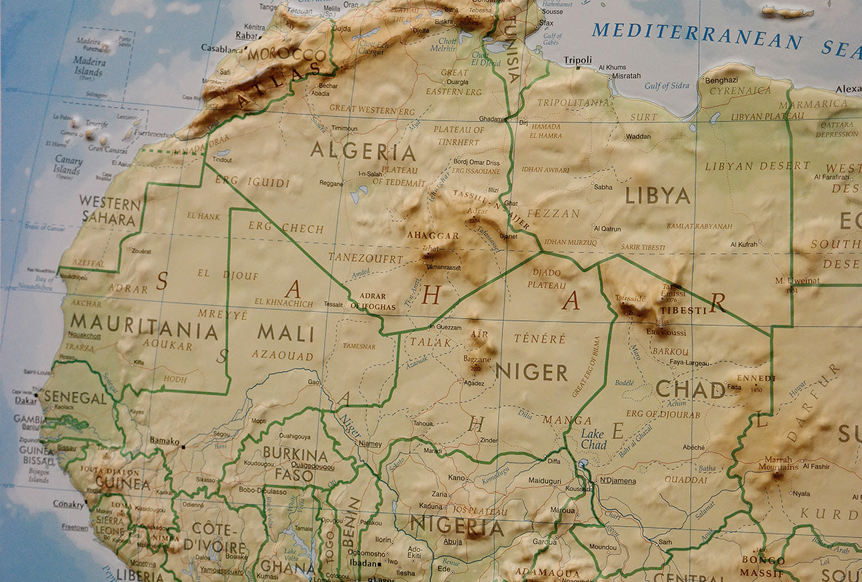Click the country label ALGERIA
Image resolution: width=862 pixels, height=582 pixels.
[363, 151]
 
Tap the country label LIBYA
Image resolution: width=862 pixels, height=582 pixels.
[657, 196]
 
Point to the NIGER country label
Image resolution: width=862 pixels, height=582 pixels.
[531, 372]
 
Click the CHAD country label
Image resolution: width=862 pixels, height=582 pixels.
[690, 389]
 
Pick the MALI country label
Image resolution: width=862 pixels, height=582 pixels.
[286, 333]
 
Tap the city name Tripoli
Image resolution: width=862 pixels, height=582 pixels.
[578, 60]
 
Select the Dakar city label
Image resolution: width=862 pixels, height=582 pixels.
[26, 399]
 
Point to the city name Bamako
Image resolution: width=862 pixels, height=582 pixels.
[165, 441]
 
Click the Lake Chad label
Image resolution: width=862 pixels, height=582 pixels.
[593, 439]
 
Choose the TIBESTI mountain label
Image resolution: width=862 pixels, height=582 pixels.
[682, 311]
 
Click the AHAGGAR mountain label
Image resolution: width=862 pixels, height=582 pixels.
[432, 236]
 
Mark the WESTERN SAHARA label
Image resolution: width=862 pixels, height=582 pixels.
[109, 210]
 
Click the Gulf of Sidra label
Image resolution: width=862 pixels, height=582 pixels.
[666, 86]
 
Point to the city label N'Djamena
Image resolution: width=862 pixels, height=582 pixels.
[617, 481]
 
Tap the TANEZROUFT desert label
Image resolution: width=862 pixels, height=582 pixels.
[365, 258]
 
